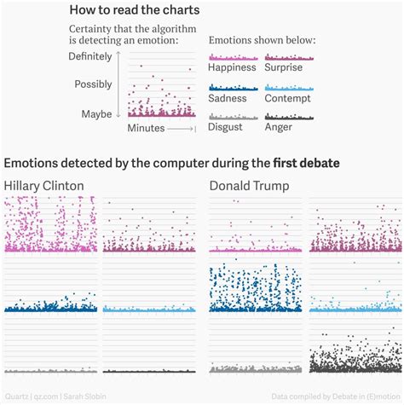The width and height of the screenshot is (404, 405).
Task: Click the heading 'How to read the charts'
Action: click(135, 11)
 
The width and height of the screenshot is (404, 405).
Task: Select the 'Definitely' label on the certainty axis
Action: click(90, 57)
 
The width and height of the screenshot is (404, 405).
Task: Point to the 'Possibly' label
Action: click(93, 84)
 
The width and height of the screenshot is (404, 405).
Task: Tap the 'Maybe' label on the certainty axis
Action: click(96, 113)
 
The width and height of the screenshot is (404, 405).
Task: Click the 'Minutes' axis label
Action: click(146, 128)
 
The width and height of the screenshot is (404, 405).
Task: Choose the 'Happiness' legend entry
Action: click(232, 67)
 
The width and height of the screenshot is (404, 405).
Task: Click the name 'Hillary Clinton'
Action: click(44, 186)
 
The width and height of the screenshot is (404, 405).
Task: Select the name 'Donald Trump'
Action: click(249, 186)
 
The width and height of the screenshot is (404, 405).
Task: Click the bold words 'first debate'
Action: click(306, 163)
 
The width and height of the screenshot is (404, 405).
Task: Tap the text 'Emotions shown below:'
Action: click(262, 40)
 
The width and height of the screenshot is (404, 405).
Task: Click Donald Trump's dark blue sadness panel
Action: click(255, 286)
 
